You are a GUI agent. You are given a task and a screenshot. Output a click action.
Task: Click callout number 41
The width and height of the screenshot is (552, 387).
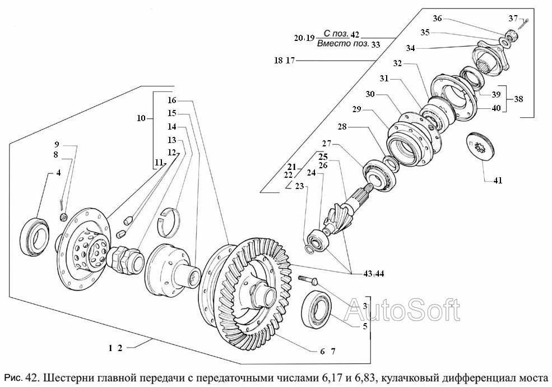pos(498,180)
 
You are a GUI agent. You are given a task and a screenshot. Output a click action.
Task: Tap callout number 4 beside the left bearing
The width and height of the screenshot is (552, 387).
pos(58,173)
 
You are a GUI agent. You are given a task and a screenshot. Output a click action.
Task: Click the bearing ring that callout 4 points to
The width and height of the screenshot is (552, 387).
pos(35,237)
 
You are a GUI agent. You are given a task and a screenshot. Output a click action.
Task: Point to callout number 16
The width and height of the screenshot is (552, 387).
pos(171,100)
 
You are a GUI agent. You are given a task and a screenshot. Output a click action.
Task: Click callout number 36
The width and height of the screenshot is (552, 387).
pos(437,19)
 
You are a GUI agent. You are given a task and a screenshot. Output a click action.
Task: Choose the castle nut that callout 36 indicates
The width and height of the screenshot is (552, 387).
pos(509,35)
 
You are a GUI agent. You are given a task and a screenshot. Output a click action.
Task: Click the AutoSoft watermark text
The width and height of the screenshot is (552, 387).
pos(402,310)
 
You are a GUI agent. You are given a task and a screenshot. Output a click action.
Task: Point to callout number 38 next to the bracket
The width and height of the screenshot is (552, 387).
pos(518,99)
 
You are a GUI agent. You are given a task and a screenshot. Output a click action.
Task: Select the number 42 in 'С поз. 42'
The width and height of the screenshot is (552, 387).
pos(355,34)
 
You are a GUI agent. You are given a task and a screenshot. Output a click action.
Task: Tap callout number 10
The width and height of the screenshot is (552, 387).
pos(141,118)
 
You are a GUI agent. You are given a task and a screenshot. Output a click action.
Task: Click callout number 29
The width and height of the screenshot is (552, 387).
pos(356,109)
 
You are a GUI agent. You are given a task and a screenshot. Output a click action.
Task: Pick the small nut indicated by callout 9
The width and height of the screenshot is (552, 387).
pos(64,216)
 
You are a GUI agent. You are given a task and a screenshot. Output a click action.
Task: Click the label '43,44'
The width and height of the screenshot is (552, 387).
pos(374,274)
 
